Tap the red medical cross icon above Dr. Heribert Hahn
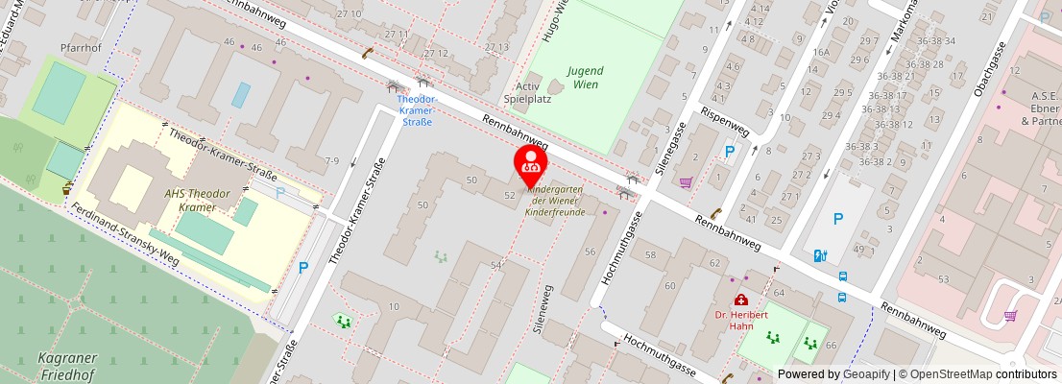[741, 300]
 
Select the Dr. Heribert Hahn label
[741, 320]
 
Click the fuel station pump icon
[819, 255]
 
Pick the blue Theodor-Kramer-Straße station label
[416, 109]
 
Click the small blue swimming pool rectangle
[241, 94]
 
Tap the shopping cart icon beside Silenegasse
[686, 182]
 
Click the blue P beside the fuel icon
[837, 220]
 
